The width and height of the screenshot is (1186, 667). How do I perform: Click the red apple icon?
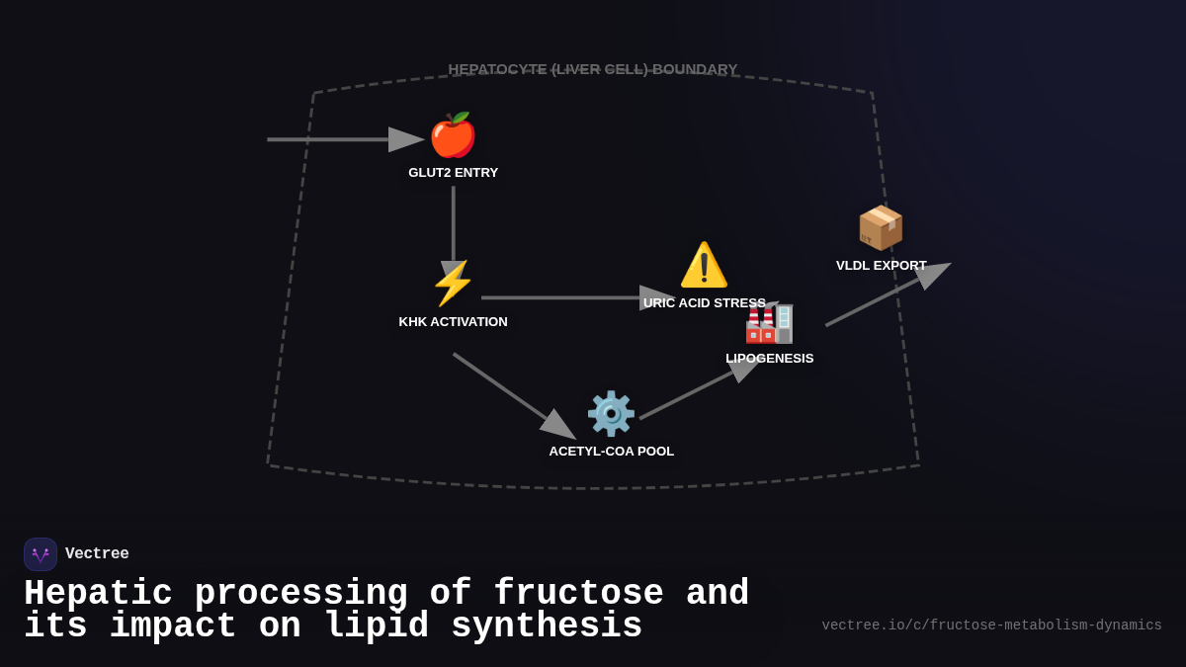(453, 135)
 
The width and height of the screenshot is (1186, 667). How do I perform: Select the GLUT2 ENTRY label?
(453, 173)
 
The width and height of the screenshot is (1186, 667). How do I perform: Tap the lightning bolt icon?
(453, 284)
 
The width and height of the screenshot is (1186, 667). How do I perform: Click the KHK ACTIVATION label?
(453, 322)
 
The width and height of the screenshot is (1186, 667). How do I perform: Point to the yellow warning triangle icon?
(704, 265)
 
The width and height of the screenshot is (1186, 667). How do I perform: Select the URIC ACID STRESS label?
(704, 303)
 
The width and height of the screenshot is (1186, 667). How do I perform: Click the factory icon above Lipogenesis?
(770, 322)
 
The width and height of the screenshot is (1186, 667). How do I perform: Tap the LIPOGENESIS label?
(769, 359)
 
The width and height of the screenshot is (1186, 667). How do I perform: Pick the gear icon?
(611, 413)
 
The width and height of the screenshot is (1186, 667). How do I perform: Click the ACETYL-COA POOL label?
(611, 452)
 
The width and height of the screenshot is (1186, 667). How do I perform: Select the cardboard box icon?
(881, 227)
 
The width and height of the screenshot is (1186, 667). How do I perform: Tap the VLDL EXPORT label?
(881, 266)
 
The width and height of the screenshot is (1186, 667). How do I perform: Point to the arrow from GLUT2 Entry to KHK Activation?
(454, 227)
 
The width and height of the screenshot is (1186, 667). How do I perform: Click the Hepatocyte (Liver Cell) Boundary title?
(593, 69)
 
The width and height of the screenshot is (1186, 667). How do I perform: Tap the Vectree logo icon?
(41, 554)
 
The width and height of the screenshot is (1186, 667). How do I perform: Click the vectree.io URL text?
(991, 625)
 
